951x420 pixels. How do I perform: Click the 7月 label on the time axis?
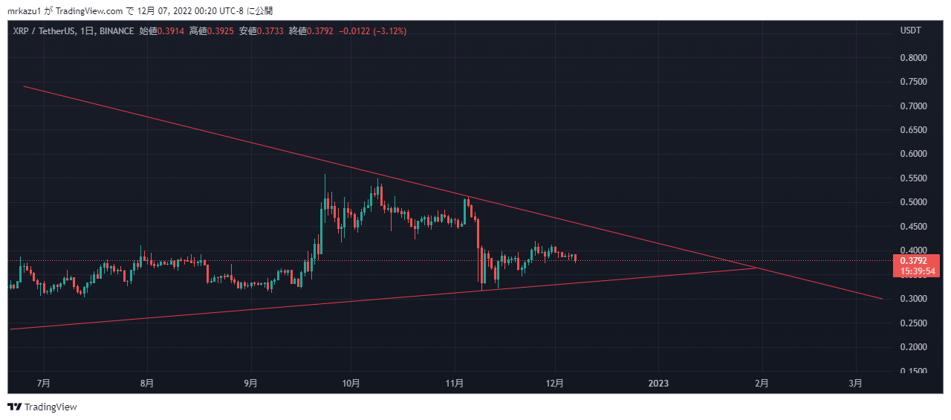tap(44, 384)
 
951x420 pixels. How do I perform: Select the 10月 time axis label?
tap(351, 384)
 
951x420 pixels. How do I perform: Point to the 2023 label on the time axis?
tap(658, 384)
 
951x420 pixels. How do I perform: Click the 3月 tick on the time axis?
tap(856, 384)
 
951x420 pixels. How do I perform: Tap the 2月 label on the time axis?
tap(762, 384)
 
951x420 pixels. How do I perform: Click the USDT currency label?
tap(910, 30)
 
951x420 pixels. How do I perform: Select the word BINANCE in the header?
tap(116, 31)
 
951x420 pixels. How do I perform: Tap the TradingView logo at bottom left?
tap(42, 407)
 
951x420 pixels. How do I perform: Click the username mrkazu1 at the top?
tap(25, 10)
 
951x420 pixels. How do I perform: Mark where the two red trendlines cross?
tap(757, 268)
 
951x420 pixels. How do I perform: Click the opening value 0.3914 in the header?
tap(170, 31)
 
